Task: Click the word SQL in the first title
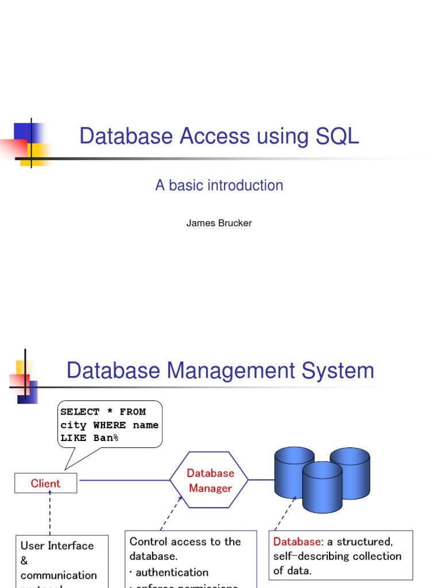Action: (337, 137)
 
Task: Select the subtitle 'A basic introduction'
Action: (219, 185)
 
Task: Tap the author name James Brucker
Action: (219, 223)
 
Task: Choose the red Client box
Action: (45, 483)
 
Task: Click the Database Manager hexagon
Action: (210, 481)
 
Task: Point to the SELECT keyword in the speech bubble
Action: (80, 412)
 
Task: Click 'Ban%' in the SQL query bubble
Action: (106, 438)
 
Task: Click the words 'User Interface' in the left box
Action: (57, 546)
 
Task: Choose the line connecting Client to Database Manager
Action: (123, 480)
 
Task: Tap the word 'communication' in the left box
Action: (59, 575)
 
